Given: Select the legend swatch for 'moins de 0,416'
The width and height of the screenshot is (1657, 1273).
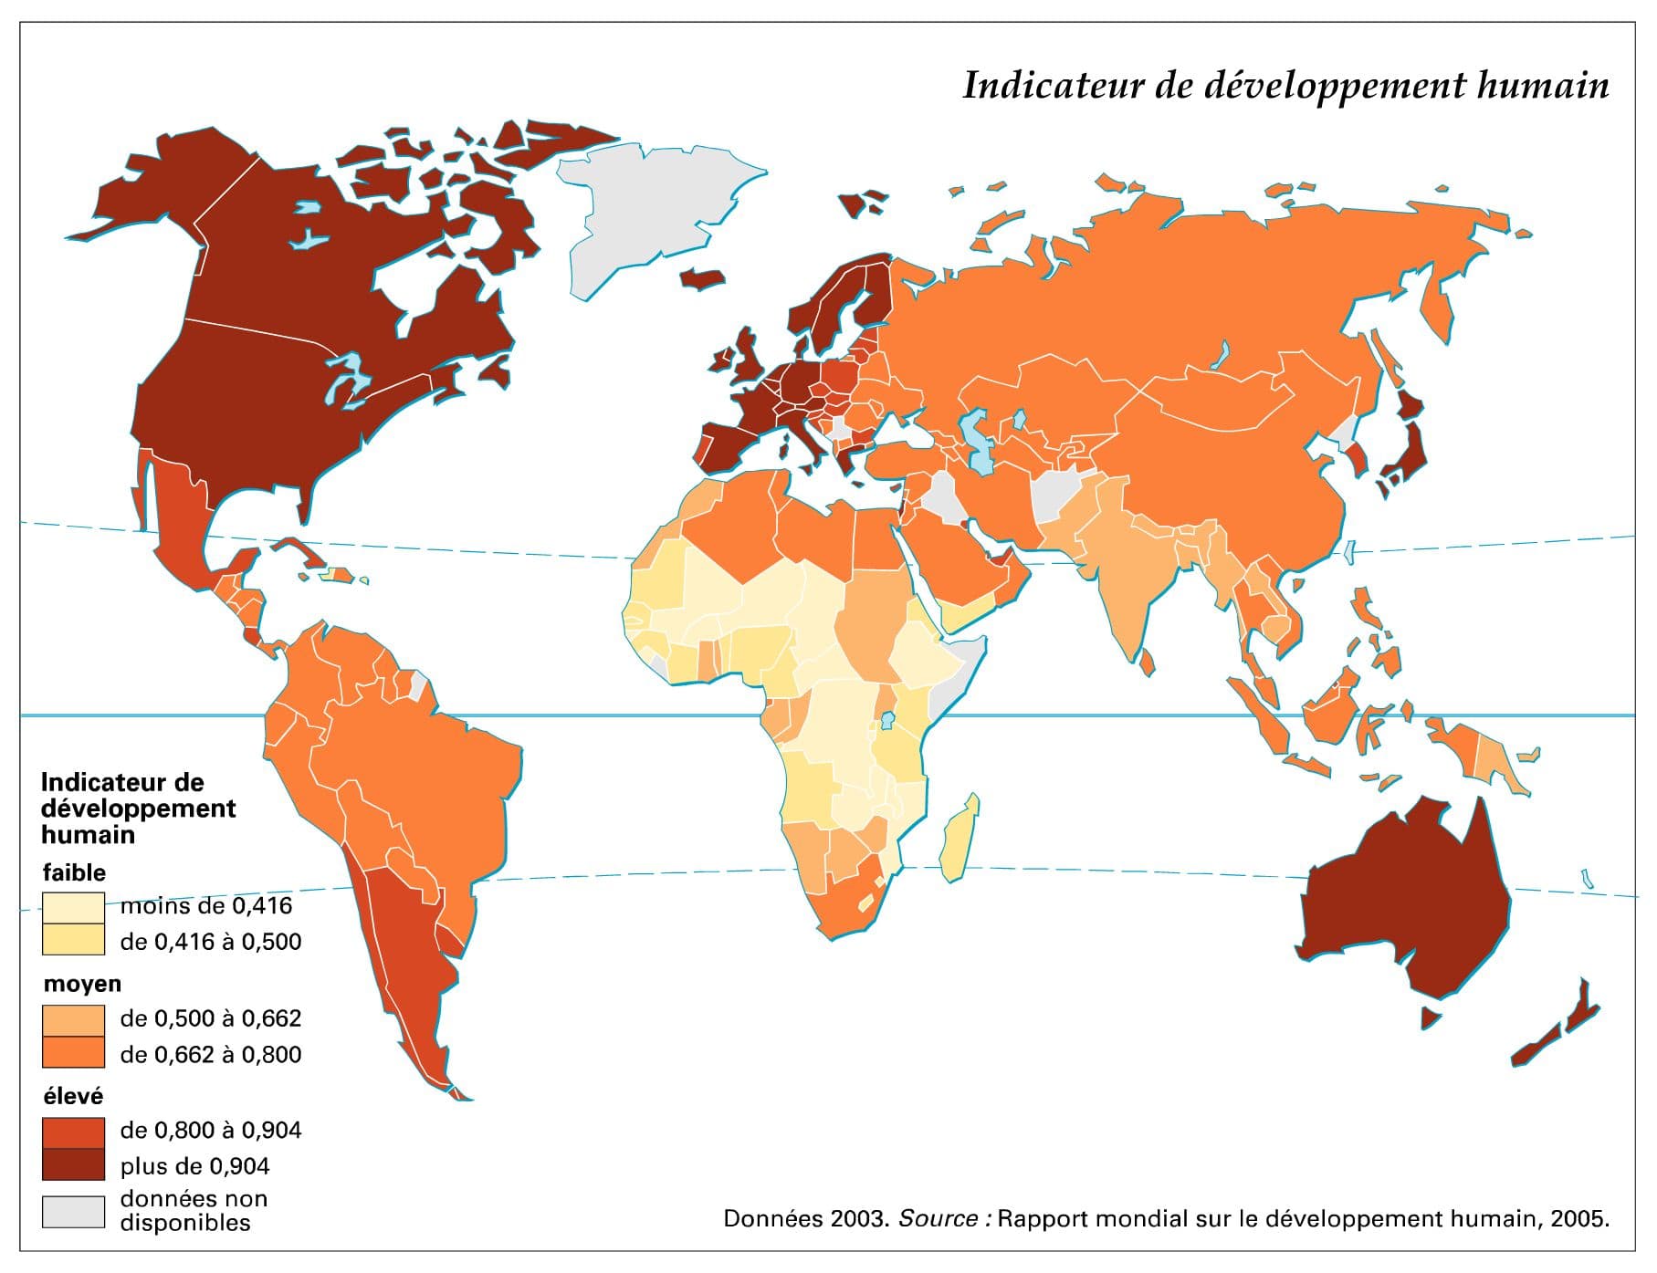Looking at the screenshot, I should [73, 907].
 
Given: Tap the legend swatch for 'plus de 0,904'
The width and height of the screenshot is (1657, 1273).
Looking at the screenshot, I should [73, 1165].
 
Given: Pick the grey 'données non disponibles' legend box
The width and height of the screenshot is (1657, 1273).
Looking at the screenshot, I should [73, 1211].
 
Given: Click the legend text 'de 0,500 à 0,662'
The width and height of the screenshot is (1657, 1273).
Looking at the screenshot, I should [210, 1018].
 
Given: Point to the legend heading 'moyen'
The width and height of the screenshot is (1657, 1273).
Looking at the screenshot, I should [82, 984].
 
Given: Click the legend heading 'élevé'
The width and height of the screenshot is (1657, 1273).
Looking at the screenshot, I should [73, 1096].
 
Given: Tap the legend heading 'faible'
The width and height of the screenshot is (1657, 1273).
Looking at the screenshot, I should [74, 872].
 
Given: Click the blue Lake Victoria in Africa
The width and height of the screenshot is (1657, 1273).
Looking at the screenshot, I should [886, 721].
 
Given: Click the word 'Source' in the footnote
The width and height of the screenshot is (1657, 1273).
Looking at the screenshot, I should [938, 1218].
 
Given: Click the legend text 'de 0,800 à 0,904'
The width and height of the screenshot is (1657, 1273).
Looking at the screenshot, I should [210, 1131].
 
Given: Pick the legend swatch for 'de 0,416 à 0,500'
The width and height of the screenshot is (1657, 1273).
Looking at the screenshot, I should [73, 940].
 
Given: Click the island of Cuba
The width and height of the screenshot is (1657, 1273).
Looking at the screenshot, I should [301, 551].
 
